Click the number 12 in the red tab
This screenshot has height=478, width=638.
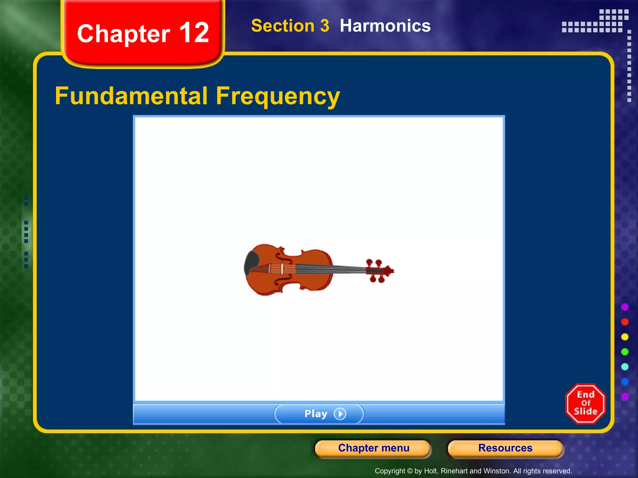tap(194, 33)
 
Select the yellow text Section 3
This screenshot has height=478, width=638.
tap(290, 26)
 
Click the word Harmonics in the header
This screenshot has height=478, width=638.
tap(385, 26)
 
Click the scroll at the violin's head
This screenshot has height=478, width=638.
tap(389, 271)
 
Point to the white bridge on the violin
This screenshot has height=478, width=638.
tap(282, 269)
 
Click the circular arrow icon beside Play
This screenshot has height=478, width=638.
tap(340, 414)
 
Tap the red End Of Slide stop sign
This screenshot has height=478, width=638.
tap(585, 404)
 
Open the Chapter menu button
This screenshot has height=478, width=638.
tap(373, 448)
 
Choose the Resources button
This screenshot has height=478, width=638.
tap(505, 448)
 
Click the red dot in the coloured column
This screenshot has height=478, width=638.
tap(625, 322)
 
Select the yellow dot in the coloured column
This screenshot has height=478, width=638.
tap(625, 337)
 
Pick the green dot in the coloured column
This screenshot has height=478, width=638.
tap(625, 352)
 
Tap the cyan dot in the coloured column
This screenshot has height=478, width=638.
tap(625, 367)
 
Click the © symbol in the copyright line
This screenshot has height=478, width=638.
tap(410, 471)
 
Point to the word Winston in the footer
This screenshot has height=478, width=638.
tap(499, 471)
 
